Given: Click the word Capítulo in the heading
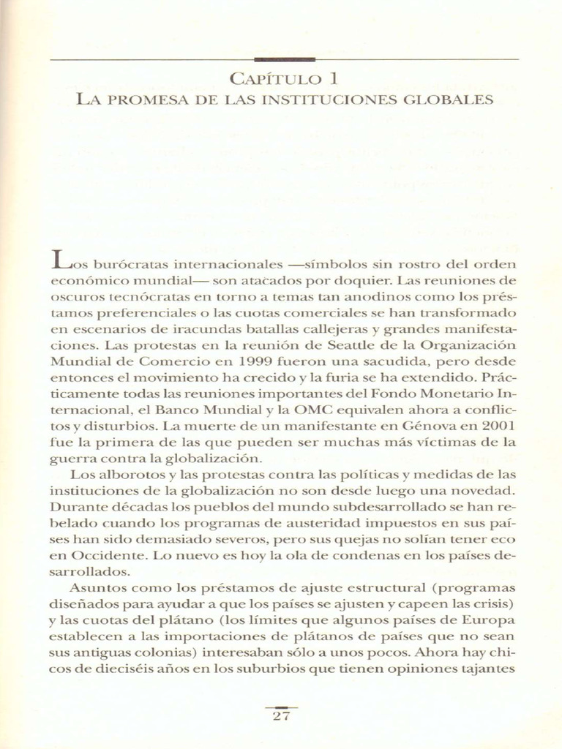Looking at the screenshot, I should [276, 79].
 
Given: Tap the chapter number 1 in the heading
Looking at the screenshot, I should [332, 78].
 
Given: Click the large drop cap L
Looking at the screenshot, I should [61, 260].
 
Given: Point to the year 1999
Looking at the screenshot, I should [259, 361].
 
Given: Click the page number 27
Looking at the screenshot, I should [281, 717].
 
